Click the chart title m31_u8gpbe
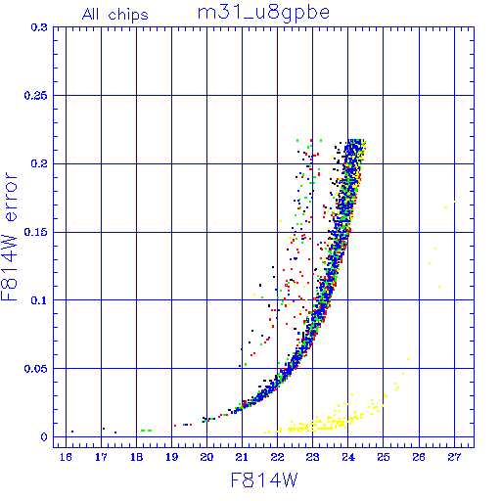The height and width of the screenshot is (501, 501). (263, 13)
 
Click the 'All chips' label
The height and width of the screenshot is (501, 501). (115, 15)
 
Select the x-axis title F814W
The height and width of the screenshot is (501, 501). (264, 479)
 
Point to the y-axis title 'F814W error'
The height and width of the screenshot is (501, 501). (10, 237)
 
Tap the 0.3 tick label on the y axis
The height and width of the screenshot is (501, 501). (39, 27)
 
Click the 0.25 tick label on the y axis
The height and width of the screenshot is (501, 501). (35, 96)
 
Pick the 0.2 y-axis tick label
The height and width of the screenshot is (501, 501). (39, 163)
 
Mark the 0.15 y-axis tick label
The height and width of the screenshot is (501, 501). (35, 232)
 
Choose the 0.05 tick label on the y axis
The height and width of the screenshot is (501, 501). (35, 369)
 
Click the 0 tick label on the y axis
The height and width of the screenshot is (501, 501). (44, 437)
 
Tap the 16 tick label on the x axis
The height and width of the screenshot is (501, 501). (66, 457)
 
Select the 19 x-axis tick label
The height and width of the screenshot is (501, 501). (172, 457)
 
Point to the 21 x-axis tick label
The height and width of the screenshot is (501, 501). (242, 457)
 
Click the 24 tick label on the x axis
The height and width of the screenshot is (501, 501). (348, 457)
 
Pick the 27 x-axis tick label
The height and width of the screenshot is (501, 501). (454, 457)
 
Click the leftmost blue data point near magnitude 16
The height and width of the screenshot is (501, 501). (72, 432)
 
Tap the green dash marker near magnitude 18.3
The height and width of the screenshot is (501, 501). (146, 431)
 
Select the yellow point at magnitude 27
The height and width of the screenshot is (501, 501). (455, 202)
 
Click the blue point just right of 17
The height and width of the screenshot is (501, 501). (104, 429)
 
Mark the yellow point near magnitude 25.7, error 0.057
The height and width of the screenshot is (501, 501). (408, 359)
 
